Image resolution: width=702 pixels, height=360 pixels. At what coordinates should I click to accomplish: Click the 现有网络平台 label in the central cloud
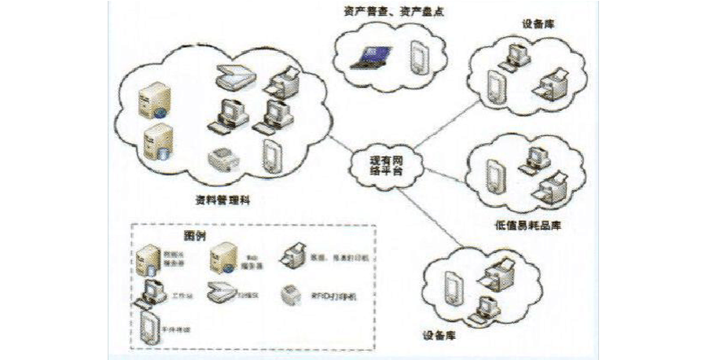(386, 164)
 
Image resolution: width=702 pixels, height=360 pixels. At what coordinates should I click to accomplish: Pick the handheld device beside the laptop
(418, 57)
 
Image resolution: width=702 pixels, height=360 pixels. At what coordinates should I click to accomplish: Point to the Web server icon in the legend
(221, 257)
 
